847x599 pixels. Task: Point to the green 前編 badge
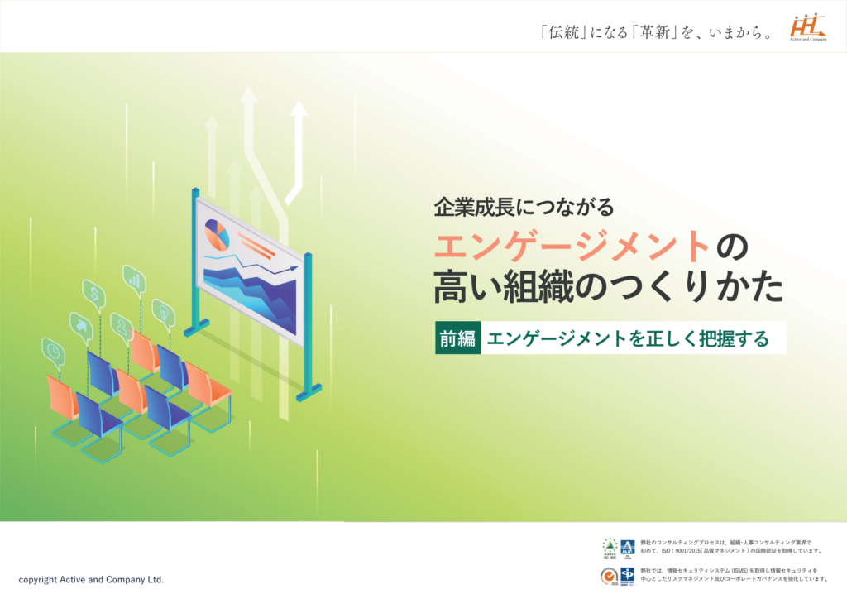click(458, 338)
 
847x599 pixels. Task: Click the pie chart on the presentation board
click(217, 234)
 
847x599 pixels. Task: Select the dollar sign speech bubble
click(95, 293)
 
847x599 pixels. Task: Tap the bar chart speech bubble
click(134, 279)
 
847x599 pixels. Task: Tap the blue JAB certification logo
click(627, 548)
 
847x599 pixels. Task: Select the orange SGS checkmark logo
click(609, 574)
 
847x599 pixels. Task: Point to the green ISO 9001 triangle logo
click(609, 547)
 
